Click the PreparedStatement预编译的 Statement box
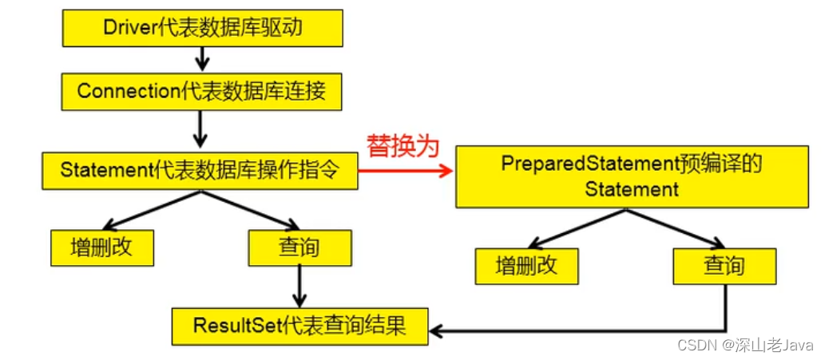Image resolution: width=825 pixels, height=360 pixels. [631, 176]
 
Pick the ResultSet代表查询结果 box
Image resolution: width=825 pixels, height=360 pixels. [299, 326]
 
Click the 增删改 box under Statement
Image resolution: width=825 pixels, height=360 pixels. [101, 247]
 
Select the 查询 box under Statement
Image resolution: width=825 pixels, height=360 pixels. [299, 247]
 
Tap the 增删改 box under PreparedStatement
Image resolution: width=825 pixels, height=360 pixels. [526, 266]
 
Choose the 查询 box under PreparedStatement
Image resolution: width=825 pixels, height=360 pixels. [724, 266]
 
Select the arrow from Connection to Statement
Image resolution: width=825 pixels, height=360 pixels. [201, 128]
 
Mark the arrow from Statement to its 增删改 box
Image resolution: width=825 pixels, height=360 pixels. [152, 210]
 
